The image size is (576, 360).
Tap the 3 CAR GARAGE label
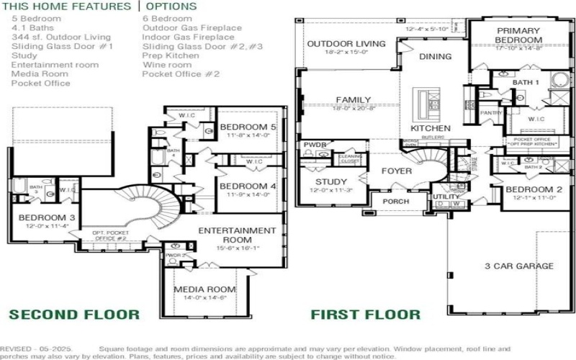click(518, 266)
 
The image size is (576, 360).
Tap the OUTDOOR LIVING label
click(346, 44)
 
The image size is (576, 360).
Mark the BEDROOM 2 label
click(534, 190)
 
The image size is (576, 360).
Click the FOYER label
click(397, 171)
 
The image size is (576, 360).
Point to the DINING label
click(435, 56)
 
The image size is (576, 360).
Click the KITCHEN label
click(431, 128)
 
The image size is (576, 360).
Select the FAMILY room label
click(353, 99)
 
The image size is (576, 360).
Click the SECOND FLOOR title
click(74, 314)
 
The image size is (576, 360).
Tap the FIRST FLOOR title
click(365, 314)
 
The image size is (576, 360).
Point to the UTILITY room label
click(446, 196)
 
